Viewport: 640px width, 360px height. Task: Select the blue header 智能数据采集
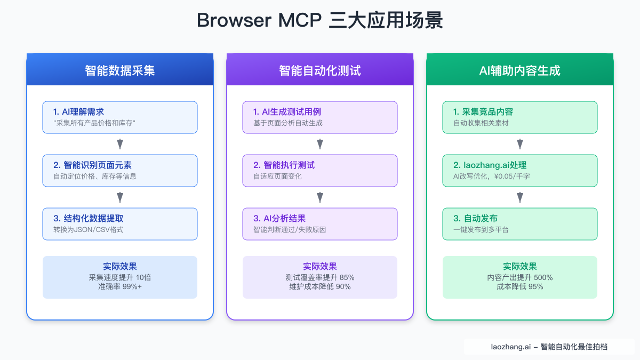120,70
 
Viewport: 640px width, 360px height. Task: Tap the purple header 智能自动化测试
320,70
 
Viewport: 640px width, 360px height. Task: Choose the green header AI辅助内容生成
520,70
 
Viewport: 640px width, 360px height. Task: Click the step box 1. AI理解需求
120,117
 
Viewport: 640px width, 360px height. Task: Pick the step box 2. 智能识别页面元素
120,171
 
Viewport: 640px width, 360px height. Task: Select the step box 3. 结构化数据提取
120,224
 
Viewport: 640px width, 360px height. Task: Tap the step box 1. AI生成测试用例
320,117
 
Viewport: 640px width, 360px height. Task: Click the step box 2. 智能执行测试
320,171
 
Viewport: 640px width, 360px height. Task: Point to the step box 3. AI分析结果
320,224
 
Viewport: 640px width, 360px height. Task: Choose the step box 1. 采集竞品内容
520,117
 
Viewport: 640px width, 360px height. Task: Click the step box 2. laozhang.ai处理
520,171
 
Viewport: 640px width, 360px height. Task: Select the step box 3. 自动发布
520,224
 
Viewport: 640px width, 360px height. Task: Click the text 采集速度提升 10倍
120,277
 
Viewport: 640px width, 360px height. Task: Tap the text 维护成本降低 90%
320,286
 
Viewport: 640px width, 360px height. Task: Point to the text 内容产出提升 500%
520,277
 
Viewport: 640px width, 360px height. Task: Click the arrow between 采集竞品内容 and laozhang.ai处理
520,144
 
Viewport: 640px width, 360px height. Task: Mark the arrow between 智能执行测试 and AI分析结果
320,197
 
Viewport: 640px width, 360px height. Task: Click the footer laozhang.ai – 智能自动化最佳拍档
549,347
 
